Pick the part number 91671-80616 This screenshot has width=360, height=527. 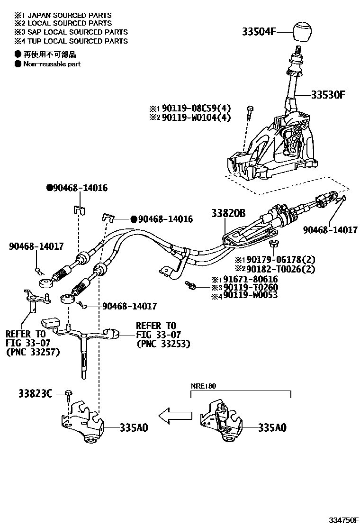[251, 279]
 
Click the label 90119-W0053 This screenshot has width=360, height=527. [251, 295]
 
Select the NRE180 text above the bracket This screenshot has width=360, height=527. [203, 386]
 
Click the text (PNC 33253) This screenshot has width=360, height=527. [163, 344]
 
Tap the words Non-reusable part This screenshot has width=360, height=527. [52, 64]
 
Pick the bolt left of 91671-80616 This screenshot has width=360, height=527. [191, 285]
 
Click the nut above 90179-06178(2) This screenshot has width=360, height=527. [273, 245]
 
